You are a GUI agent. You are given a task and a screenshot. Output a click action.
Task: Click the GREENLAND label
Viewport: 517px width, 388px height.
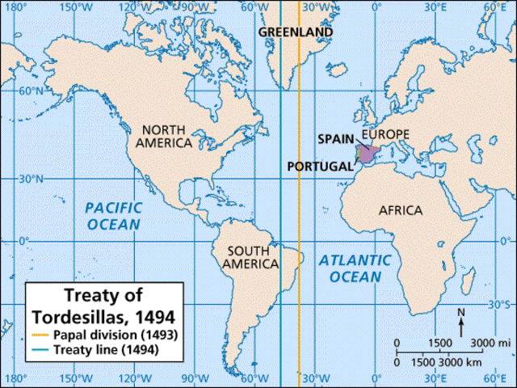click(x=296, y=32)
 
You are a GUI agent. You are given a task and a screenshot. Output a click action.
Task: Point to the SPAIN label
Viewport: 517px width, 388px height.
click(x=334, y=138)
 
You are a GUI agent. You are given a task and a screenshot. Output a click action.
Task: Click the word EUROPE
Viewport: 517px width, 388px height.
click(x=386, y=134)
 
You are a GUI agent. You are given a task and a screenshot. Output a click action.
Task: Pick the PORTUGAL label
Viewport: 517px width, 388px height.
click(x=320, y=166)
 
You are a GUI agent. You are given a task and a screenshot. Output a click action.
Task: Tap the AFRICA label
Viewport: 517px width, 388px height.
click(x=401, y=210)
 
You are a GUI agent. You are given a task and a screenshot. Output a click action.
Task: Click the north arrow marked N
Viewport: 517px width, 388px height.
click(x=461, y=323)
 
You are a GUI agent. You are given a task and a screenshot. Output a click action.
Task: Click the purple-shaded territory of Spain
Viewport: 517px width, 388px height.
click(x=368, y=154)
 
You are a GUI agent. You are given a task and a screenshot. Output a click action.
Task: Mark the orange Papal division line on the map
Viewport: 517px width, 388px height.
click(x=299, y=202)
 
